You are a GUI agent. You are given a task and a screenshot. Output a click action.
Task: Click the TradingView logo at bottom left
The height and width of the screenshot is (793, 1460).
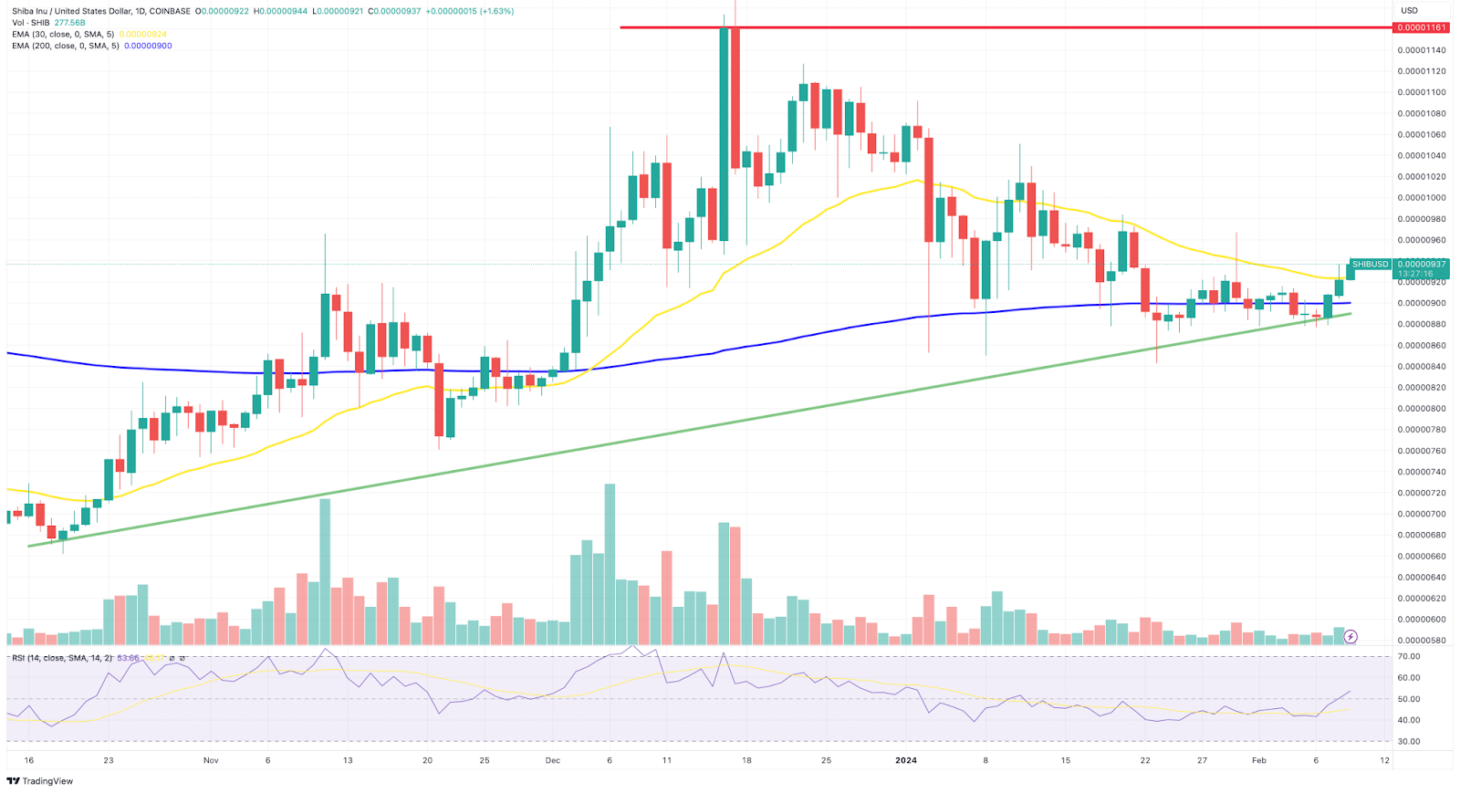(x=40, y=781)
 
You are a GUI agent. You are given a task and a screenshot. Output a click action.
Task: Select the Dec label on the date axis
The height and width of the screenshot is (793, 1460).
(x=552, y=760)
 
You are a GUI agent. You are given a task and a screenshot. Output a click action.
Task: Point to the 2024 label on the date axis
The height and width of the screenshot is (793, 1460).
(x=906, y=760)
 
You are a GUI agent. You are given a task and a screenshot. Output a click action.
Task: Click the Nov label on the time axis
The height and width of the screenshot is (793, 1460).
(x=211, y=760)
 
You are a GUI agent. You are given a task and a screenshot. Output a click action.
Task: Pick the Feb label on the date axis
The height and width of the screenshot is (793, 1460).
(x=1259, y=760)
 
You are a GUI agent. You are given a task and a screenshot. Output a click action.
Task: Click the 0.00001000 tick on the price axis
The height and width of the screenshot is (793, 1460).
(x=1421, y=198)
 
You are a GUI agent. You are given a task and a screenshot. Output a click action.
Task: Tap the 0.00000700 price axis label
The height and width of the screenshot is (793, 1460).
(x=1421, y=514)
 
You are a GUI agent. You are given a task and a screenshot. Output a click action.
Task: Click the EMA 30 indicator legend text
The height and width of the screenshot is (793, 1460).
(x=64, y=35)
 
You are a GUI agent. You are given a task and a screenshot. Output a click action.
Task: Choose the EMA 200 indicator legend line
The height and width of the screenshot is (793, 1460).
(x=66, y=46)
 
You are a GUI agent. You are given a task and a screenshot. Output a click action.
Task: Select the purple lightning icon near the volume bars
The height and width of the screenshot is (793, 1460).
(x=1350, y=636)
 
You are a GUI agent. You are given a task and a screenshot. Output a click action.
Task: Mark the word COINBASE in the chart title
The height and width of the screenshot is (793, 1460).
(x=170, y=11)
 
